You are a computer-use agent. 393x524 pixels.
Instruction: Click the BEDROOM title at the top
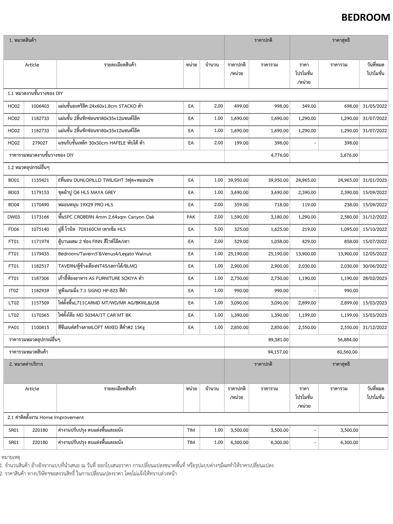tap(365, 17)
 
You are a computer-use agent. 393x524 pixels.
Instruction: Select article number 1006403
tap(40, 106)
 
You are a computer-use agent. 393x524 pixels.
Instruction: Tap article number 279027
tap(40, 143)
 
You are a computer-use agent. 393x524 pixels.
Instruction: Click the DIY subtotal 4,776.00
tap(279, 155)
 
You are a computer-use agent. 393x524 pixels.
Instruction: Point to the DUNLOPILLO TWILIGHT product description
tap(106, 180)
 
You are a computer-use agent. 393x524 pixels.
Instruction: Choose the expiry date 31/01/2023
tap(375, 180)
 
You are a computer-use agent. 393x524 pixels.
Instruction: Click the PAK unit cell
tap(191, 217)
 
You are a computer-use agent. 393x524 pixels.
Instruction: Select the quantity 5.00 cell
tap(218, 229)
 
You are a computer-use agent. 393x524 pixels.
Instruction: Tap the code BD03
tap(14, 192)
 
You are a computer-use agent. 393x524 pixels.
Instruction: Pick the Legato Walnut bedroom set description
tap(104, 254)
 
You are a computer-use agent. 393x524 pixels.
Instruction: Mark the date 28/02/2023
tap(375, 278)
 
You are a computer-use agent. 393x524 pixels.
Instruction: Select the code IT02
tap(14, 291)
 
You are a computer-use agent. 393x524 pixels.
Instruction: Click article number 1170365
tap(40, 315)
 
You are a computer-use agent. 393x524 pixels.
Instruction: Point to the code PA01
tap(14, 327)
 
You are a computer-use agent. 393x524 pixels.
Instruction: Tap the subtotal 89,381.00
tap(278, 340)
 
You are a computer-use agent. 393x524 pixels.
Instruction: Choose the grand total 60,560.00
tap(347, 352)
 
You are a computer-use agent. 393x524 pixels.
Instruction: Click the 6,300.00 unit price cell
tap(239, 442)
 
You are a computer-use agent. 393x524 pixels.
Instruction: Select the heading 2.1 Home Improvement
tap(46, 418)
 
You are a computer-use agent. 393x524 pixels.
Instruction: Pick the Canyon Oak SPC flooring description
tap(106, 217)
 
